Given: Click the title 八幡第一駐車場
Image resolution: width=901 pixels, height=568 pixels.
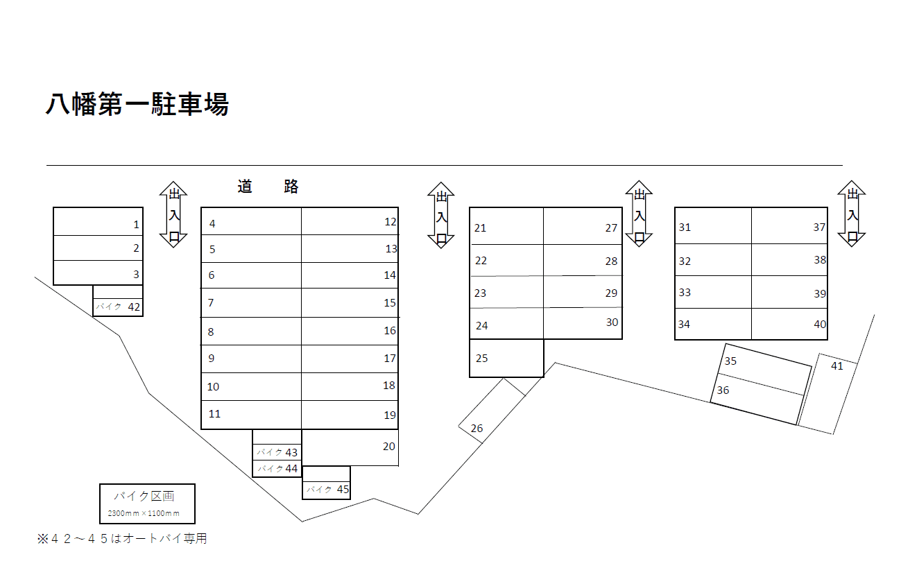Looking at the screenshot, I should pos(137,105).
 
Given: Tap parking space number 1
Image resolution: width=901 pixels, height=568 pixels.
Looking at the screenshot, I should pos(98,222).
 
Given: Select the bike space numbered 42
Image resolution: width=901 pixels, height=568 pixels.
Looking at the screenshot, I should pos(118,306).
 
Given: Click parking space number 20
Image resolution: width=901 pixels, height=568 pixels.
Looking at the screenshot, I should pos(350,447).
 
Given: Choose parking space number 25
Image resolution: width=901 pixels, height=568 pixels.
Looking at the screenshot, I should pos(506,358).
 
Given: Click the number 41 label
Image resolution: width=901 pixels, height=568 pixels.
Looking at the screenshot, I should pos(837,366).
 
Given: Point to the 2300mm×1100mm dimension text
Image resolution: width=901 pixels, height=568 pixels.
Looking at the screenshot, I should pos(144,514).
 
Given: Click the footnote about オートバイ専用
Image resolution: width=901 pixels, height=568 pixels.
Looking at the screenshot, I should pos(122,539).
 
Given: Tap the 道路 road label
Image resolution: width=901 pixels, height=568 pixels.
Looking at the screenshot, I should pos(268,187).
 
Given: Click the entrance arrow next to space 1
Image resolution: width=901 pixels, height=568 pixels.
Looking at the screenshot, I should pos(173,214).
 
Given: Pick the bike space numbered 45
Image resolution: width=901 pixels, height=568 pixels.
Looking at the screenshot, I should pos(326,489).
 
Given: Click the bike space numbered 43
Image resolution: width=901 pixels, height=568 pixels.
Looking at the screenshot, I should pos(277,452).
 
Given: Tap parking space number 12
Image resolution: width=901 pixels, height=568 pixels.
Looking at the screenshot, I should pos(350,221).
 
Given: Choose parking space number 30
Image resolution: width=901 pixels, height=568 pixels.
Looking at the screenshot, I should pos(583,323).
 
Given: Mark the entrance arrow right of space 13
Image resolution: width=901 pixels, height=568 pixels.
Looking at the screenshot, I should pos(440,215).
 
